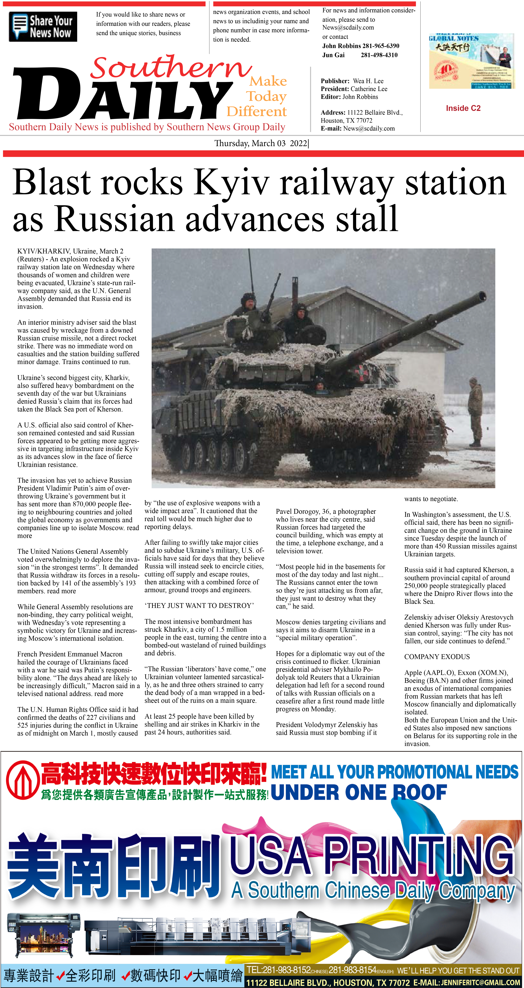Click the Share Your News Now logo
[43, 26]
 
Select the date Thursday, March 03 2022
[261, 143]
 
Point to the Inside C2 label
[463, 108]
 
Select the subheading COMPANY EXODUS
[437, 657]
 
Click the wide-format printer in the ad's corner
[44, 936]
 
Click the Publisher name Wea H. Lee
[368, 81]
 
